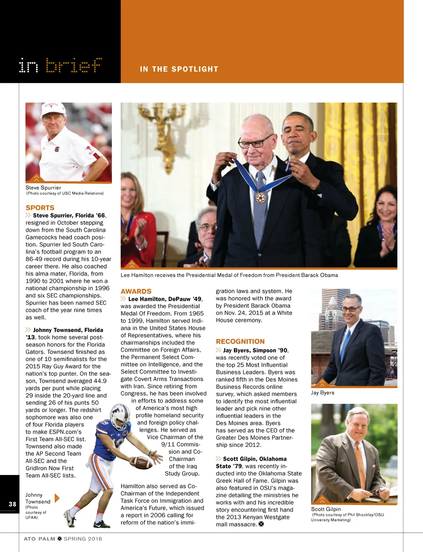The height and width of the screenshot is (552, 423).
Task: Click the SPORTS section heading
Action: pos(40,208)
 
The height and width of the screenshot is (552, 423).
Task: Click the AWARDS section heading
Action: pos(136,291)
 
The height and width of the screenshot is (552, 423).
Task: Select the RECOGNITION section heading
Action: pos(240,341)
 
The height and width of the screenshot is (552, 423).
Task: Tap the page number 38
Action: pos(12,504)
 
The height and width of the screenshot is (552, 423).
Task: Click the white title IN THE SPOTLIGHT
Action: pos(179,69)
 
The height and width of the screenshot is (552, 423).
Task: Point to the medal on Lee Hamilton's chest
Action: pos(260,198)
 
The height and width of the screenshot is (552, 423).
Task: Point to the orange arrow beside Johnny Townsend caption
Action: pos(57,498)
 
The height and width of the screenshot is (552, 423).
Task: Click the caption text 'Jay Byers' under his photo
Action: pos(323,393)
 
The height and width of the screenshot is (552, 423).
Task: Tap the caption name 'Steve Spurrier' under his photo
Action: pos(43,187)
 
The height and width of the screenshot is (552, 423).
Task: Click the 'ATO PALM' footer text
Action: pos(39,539)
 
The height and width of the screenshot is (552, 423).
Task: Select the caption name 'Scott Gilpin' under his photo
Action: pos(326,509)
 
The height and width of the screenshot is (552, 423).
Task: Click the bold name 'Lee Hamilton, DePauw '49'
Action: pos(165,299)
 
